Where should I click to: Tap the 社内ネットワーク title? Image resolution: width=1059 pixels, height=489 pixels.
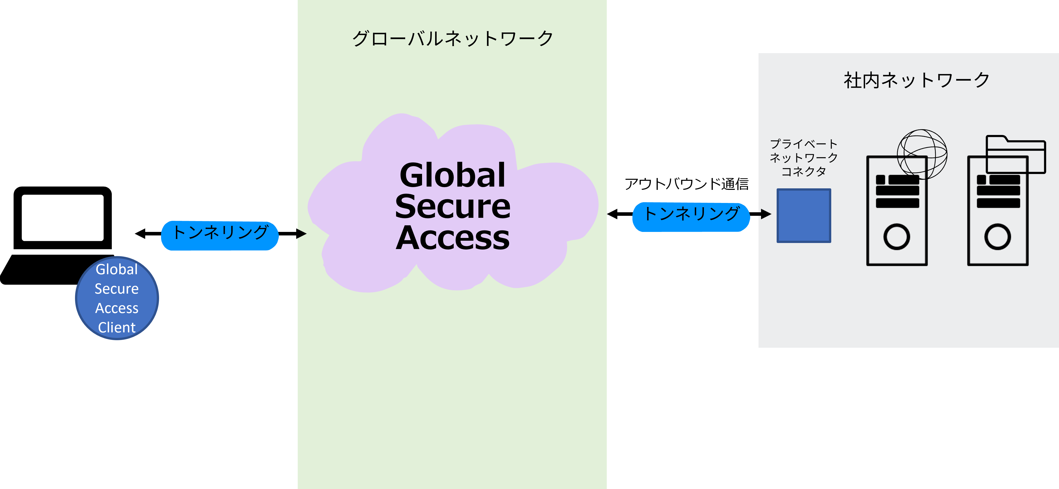tap(916, 80)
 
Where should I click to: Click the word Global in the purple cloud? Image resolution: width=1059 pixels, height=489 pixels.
tap(452, 175)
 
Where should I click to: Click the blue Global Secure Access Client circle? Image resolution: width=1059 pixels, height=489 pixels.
tap(117, 298)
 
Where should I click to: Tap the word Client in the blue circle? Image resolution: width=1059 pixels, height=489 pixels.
tap(117, 327)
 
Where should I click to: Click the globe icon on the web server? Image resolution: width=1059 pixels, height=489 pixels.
tap(922, 154)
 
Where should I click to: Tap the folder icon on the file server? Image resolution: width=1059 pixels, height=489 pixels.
tap(1015, 154)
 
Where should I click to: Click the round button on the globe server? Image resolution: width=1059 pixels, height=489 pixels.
tap(897, 237)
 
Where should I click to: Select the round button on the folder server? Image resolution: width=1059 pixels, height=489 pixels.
tap(997, 237)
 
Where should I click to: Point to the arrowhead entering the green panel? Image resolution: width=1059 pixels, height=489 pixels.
tap(302, 234)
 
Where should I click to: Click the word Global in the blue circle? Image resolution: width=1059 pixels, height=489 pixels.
tap(117, 269)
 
